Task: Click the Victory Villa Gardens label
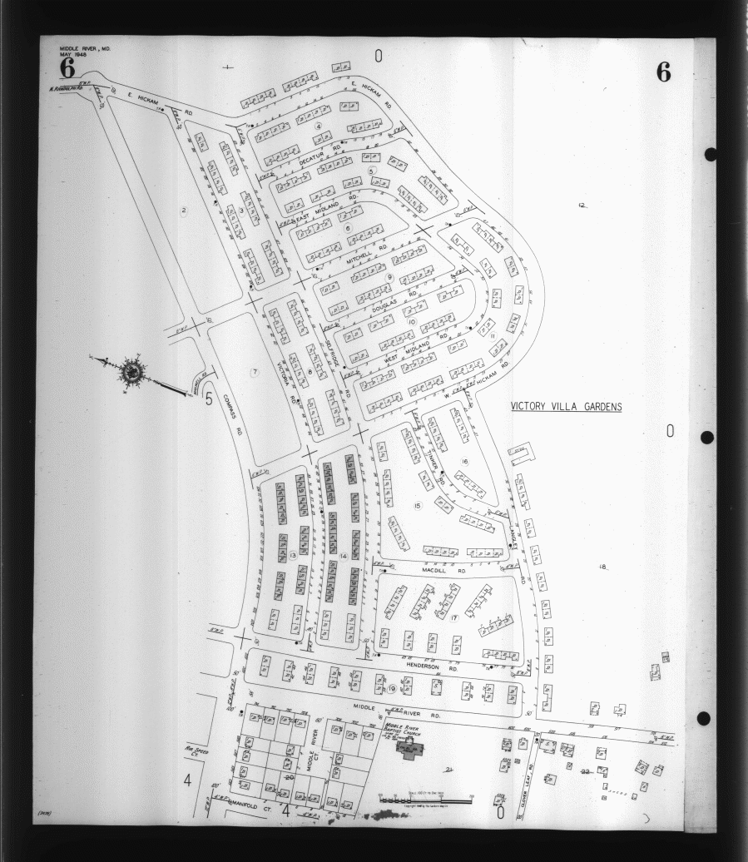[566, 407]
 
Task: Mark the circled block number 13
[293, 555]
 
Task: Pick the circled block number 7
[255, 371]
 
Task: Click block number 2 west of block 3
[183, 211]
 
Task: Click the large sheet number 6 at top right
[663, 72]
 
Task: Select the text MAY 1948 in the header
[73, 55]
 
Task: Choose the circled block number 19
[391, 689]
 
